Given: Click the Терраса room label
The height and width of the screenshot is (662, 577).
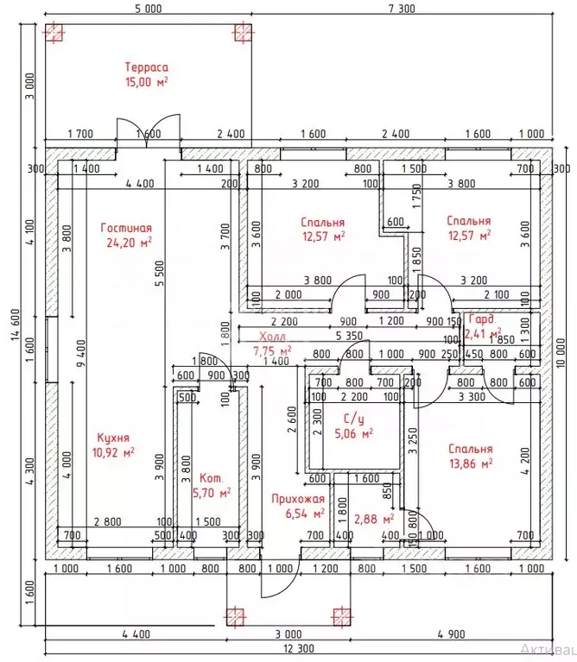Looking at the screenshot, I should coord(145,66).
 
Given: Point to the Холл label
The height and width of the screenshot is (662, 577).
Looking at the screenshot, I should coord(272,337).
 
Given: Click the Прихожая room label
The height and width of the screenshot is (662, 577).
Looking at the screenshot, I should coord(297,499).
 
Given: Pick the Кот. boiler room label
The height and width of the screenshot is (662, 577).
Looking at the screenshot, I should coord(211,478).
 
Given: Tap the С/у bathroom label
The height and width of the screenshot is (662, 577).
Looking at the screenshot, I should coord(352,418).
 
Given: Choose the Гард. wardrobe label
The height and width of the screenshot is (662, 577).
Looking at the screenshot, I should coord(482,318).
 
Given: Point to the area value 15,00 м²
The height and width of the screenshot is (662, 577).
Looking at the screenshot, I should coord(145,82).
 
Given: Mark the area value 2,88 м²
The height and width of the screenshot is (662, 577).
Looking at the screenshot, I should coord(374,519).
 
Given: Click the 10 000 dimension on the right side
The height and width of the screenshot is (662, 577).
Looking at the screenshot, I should coord(561,354).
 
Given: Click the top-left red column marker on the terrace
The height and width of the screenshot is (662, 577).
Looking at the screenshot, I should coord(54,33).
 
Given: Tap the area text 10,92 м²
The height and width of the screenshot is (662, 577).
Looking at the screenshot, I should coord(112,451).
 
